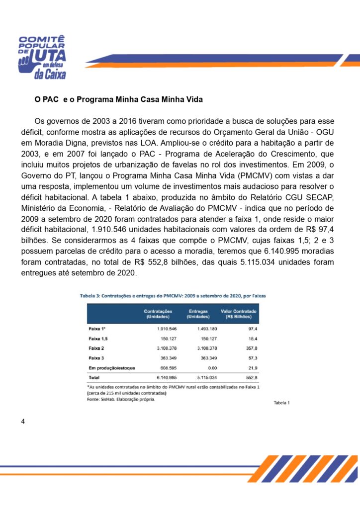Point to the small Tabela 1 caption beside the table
coord(281,403)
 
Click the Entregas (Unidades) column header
coord(198,314)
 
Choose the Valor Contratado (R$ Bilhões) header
coord(238,314)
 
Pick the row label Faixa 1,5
coord(97,339)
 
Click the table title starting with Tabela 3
coord(173,295)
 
